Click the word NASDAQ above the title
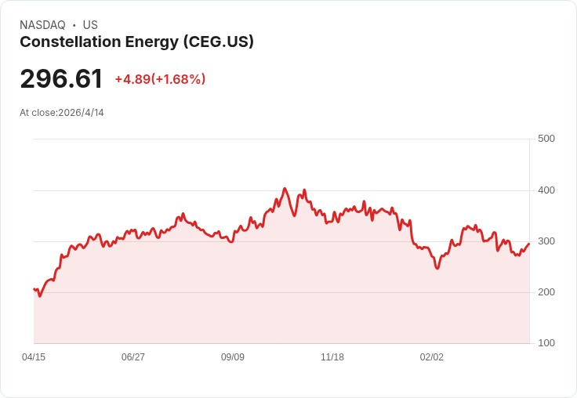(42, 25)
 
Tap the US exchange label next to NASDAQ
(90, 25)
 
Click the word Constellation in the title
(71, 42)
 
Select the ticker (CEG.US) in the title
(219, 42)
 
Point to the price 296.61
(61, 78)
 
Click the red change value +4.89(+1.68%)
(160, 79)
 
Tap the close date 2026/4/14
(81, 113)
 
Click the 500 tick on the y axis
(546, 139)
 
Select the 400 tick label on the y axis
(546, 190)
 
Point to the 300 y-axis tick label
(546, 241)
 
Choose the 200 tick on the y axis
(546, 292)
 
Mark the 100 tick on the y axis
(546, 343)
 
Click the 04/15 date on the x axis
(34, 357)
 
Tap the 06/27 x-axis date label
(132, 357)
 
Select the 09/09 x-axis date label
(233, 357)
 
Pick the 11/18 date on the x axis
(332, 357)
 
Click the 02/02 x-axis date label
(432, 357)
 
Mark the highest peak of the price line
(285, 188)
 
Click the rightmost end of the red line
(529, 244)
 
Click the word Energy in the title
(151, 42)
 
